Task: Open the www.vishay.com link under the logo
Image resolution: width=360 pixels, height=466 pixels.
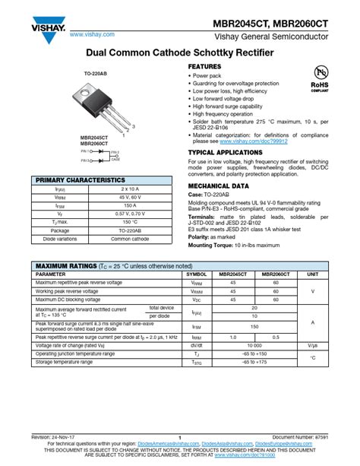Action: [x=92, y=34]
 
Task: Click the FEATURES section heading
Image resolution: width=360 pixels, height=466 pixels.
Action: [x=204, y=68]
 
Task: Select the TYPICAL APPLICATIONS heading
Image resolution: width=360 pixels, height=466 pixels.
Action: [x=225, y=152]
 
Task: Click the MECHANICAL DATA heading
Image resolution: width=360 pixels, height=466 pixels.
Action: [x=218, y=185]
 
